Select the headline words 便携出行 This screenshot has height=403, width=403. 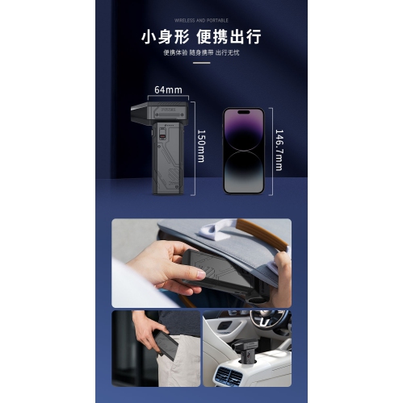point(233,37)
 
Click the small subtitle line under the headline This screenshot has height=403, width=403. point(201,52)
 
